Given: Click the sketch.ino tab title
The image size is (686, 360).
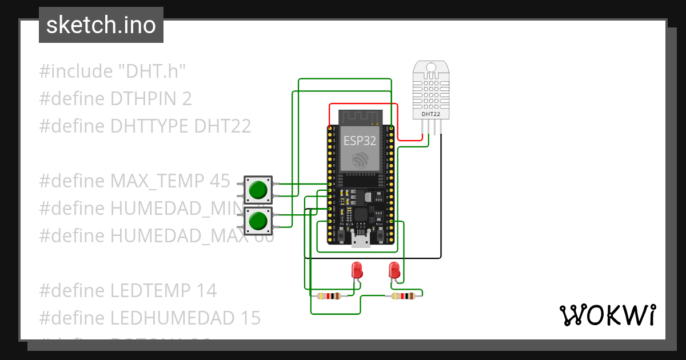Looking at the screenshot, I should tap(101, 25).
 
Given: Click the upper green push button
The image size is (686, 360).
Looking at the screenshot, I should tap(259, 190).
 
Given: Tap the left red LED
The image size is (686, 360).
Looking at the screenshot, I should tap(357, 270).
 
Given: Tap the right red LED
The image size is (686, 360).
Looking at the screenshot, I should tap(394, 270).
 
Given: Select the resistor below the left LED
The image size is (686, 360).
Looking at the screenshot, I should tap(328, 296).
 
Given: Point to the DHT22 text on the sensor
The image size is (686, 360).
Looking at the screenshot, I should tap(431, 114).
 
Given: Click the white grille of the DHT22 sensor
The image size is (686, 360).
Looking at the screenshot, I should tap(431, 89).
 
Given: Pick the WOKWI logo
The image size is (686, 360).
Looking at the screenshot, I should tap(607, 315).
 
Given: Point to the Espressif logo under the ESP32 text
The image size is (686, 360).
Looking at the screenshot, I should tap(360, 159).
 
